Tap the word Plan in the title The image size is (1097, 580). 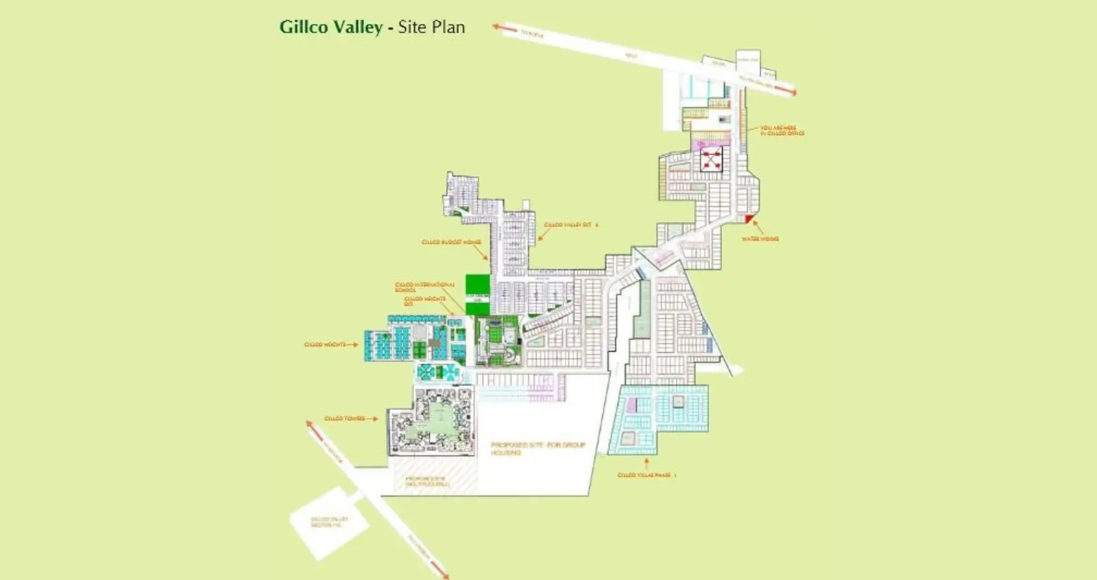448,27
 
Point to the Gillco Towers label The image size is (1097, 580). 344,418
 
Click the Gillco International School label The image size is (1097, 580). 424,287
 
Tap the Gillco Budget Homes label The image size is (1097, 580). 450,242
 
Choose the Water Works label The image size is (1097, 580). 760,239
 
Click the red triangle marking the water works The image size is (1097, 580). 749,220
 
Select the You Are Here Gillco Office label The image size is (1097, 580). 782,130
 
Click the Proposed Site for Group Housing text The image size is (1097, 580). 538,448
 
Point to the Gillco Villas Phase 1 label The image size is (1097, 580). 647,475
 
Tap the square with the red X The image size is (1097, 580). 711,160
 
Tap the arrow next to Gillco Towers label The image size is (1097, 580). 372,418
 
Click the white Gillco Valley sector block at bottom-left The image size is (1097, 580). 328,523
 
